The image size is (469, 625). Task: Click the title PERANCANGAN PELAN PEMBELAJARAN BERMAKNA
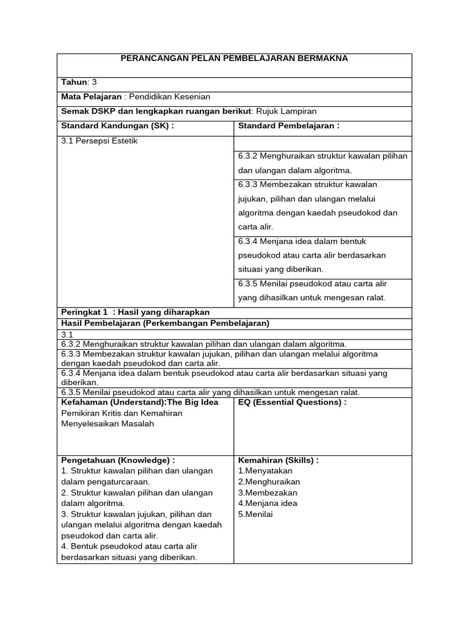point(234,59)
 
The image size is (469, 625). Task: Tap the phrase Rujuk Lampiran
point(286,110)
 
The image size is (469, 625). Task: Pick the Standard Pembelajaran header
point(288,126)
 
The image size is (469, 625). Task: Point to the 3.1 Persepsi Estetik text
point(100,140)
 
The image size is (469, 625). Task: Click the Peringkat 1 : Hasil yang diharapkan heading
point(135,312)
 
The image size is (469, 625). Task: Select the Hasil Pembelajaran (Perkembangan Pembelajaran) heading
point(165,323)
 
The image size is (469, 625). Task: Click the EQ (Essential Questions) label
point(292,402)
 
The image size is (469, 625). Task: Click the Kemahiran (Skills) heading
point(278,460)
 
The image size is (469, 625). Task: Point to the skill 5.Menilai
point(256,514)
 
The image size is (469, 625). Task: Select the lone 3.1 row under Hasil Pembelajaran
point(67,334)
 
